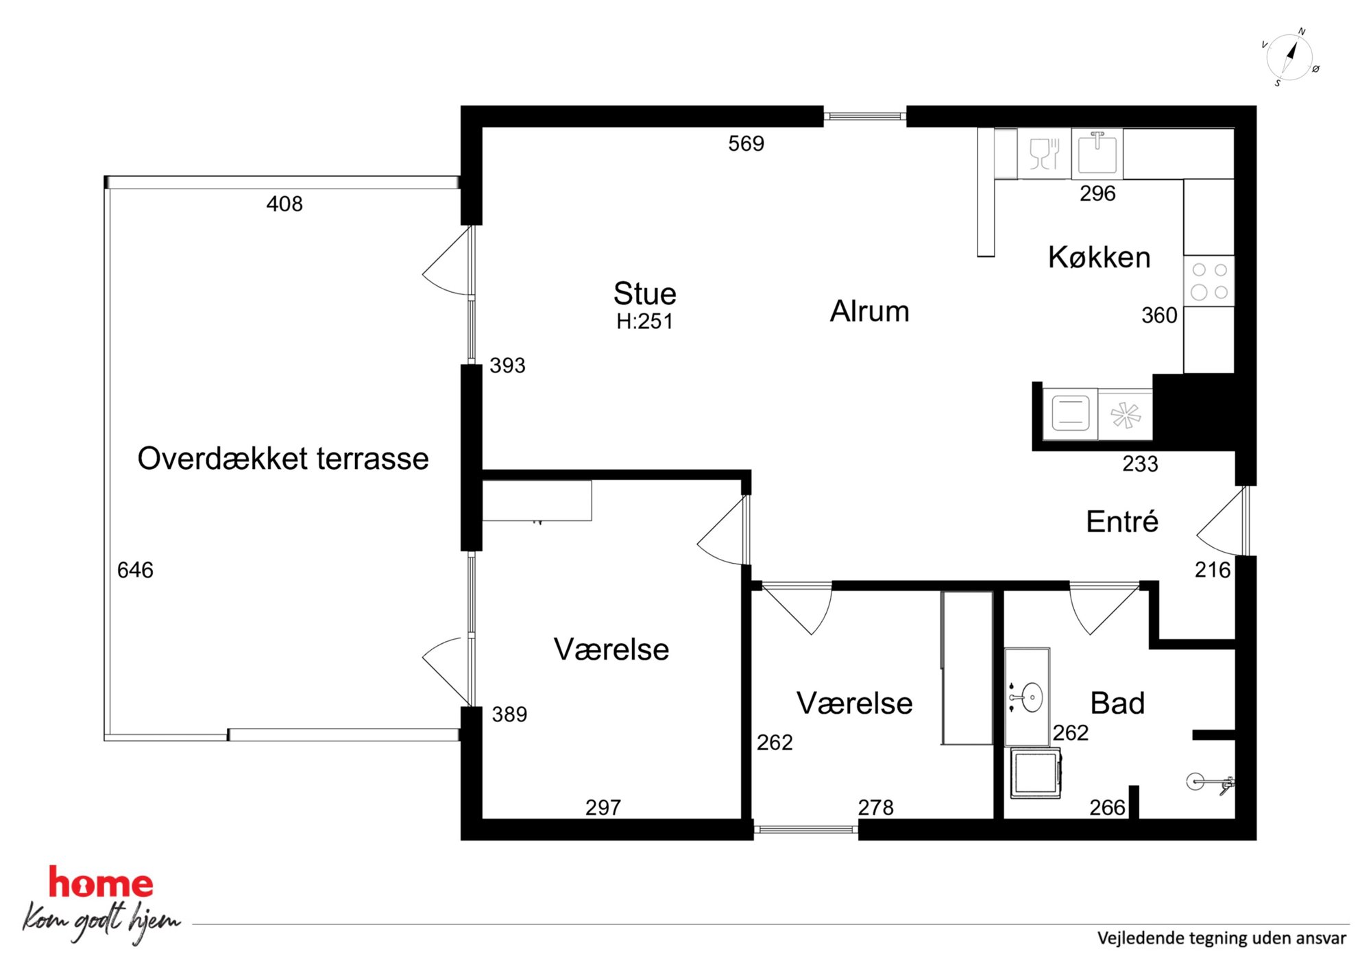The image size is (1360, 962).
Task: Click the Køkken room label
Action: (1099, 257)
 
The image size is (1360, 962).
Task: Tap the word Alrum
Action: (869, 311)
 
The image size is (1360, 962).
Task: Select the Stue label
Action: (644, 293)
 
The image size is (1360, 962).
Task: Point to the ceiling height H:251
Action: (644, 322)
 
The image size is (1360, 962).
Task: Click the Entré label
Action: (1122, 522)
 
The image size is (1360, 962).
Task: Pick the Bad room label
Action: (1117, 704)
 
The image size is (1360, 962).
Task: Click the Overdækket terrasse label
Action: (283, 459)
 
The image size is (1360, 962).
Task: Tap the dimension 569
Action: (746, 143)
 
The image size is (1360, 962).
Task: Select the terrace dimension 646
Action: (135, 570)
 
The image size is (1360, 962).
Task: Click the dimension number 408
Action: (284, 204)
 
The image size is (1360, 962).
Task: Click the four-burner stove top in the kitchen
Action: (1209, 281)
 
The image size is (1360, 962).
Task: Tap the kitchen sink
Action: (1097, 153)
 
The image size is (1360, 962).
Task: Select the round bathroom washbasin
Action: (1027, 698)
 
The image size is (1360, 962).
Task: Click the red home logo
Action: (101, 882)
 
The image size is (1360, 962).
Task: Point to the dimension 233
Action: (1140, 464)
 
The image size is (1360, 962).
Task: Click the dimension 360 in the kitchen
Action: (1159, 315)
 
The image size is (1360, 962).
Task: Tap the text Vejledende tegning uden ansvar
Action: (1222, 938)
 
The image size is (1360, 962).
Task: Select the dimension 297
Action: (603, 808)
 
